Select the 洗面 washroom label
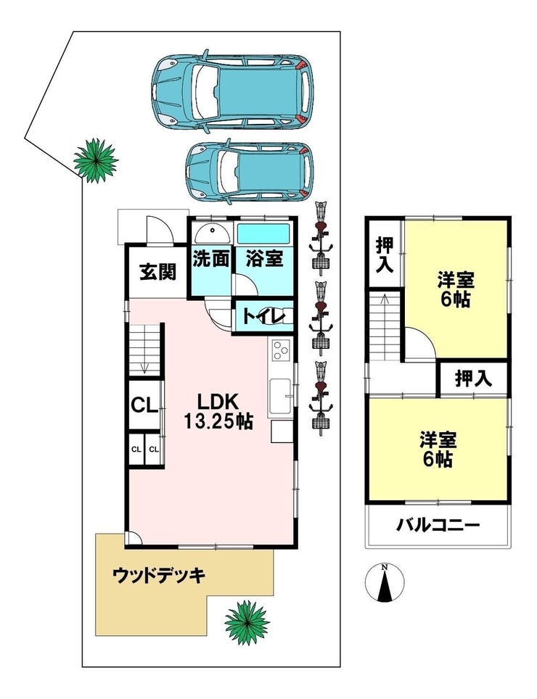[211, 259]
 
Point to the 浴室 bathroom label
[264, 259]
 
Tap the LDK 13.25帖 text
[216, 410]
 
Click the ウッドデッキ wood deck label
[160, 576]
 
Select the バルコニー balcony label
[438, 524]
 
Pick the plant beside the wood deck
[246, 621]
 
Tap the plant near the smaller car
[95, 159]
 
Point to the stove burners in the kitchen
[280, 351]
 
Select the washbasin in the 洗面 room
[211, 233]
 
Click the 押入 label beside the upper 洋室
[385, 255]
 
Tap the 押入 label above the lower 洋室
[473, 377]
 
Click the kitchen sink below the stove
[282, 396]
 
